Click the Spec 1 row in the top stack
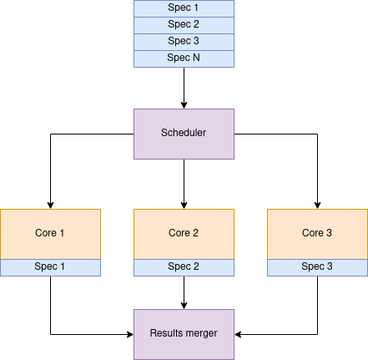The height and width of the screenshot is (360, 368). [184, 8]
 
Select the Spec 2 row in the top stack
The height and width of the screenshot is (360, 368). [184, 25]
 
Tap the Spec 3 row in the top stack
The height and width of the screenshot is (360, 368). [184, 42]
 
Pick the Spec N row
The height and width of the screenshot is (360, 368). [184, 58]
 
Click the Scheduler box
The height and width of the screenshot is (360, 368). [184, 134]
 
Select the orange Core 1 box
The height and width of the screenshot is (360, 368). [50, 234]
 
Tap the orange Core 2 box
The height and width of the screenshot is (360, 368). [184, 234]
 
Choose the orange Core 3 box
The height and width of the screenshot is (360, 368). [317, 234]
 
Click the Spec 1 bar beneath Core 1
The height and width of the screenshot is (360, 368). [50, 267]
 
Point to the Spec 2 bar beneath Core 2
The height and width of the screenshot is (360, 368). [184, 267]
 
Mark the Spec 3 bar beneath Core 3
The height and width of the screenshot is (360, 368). [317, 267]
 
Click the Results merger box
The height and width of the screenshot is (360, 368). [184, 334]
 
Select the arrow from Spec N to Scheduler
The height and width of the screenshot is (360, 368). [184, 88]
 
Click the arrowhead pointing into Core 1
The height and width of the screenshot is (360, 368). [50, 205]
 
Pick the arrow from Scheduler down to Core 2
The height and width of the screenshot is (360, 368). [184, 184]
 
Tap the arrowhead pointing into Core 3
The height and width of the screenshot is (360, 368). [317, 205]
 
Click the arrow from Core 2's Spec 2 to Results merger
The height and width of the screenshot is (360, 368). [184, 292]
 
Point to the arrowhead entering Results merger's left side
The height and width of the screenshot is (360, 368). [130, 334]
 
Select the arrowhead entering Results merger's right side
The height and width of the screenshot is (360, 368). [238, 334]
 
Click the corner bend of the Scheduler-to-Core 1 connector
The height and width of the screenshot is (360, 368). [50, 134]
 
